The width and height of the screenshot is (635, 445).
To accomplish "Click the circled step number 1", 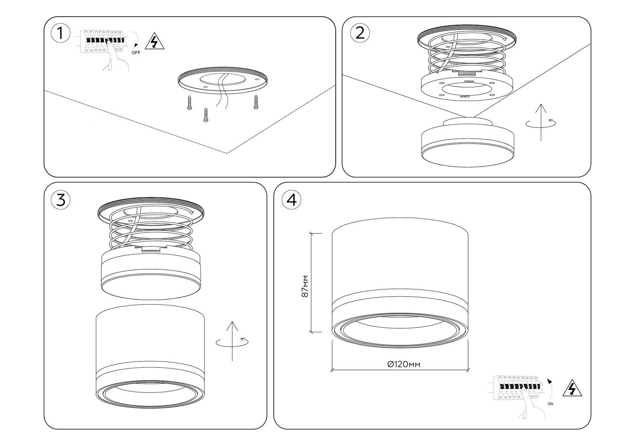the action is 60,33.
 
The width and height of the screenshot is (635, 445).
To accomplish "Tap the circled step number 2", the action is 360,33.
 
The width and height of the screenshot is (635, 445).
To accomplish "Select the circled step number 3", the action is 60,200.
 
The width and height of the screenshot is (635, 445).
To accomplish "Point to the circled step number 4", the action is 292,200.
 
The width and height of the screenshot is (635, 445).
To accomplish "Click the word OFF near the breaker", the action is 136,53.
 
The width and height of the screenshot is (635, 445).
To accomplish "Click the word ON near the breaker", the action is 550,404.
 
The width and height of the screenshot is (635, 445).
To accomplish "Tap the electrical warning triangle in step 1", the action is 154,41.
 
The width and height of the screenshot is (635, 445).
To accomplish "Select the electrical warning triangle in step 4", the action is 572,388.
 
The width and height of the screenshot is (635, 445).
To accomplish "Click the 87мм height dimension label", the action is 305,286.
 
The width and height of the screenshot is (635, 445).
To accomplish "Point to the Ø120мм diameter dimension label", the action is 404,364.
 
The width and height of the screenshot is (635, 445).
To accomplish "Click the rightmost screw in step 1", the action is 256,102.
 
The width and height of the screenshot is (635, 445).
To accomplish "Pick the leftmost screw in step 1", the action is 190,103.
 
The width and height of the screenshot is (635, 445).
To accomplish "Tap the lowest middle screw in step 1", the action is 206,115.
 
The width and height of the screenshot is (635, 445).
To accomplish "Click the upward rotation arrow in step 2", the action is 541,122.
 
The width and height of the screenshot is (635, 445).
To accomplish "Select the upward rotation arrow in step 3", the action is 232,341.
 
